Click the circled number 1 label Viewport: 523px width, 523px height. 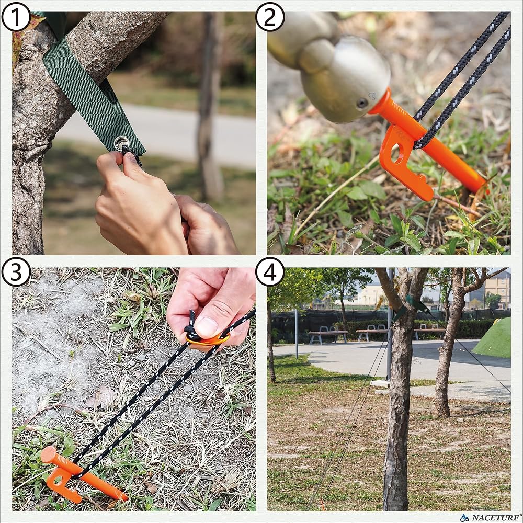tap(16, 16)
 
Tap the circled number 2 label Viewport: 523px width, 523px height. tap(270, 16)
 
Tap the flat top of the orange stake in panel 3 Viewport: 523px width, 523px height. tap(48, 454)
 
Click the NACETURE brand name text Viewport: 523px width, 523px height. tap(495, 518)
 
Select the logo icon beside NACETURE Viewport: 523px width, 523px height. tap(464, 518)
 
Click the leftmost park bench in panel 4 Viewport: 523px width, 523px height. tap(327, 335)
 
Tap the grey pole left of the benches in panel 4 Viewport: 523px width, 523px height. tap(296, 334)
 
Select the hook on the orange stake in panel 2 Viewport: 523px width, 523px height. tap(406, 163)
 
